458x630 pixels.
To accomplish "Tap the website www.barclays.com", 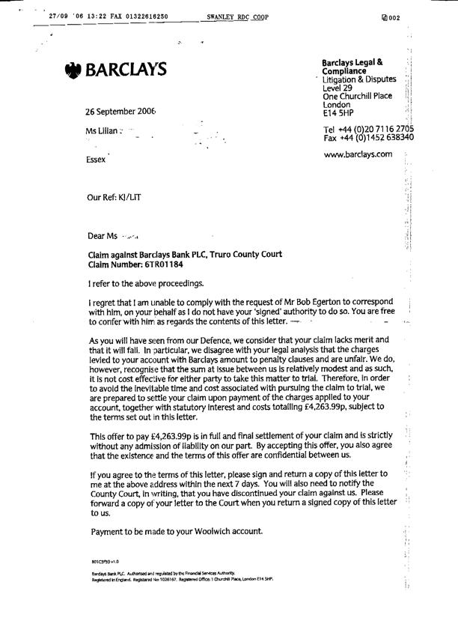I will pyautogui.click(x=358, y=154).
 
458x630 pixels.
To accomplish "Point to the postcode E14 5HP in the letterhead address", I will pyautogui.click(x=338, y=114).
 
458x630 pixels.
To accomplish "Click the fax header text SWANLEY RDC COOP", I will pyautogui.click(x=238, y=16).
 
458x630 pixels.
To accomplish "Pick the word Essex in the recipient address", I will pyautogui.click(x=97, y=160).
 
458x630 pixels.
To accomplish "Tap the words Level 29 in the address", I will pyautogui.click(x=338, y=88).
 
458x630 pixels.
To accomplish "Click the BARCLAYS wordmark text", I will pyautogui.click(x=126, y=70).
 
